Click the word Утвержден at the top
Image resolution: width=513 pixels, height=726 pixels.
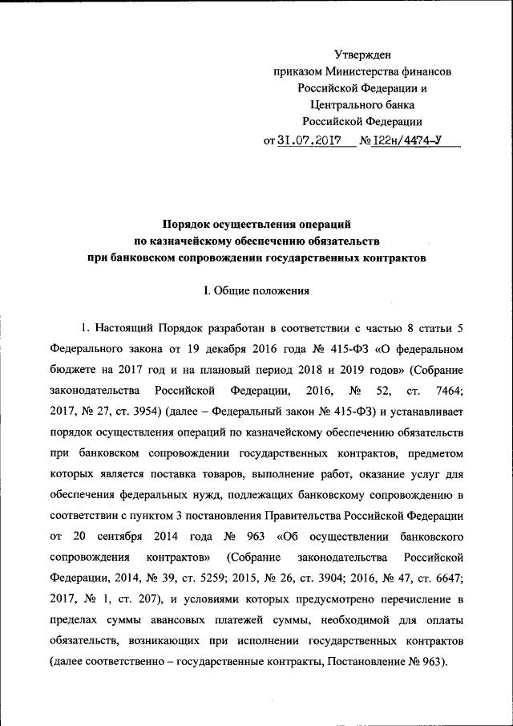pos(362,55)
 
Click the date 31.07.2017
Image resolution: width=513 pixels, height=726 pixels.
pos(305,140)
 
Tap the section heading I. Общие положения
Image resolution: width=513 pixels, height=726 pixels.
pos(256,291)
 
